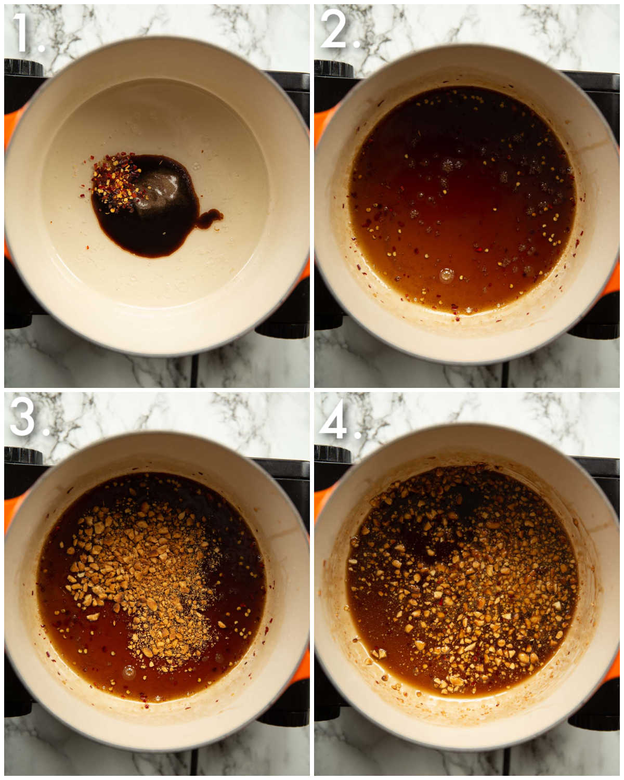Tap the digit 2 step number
333,30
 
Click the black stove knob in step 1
23,68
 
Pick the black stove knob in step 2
333,69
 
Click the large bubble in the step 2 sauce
446,275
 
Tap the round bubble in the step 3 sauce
129,673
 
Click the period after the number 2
357,44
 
